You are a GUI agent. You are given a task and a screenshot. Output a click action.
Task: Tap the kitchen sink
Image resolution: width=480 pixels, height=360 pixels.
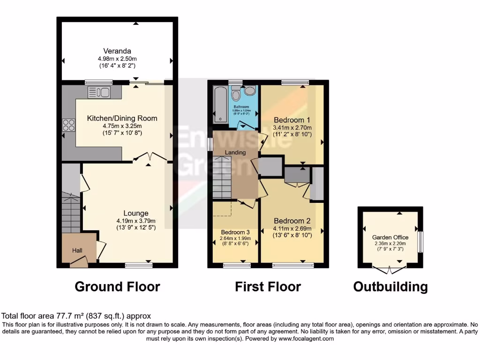click(x=99, y=92)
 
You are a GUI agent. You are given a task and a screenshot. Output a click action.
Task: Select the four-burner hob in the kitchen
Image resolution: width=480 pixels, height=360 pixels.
click(x=69, y=125)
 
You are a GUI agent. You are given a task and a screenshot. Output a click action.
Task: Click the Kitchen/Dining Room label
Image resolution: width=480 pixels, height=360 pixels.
click(x=122, y=118)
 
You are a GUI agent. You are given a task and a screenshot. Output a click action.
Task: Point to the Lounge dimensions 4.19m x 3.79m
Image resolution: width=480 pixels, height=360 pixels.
click(x=136, y=221)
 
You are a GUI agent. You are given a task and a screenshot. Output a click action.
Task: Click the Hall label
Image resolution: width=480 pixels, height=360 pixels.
click(x=77, y=251)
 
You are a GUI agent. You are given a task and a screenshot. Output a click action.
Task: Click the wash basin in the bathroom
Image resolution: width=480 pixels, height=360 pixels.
click(x=250, y=90)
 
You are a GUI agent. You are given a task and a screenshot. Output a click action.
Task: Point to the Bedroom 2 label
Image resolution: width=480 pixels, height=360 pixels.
click(x=292, y=221)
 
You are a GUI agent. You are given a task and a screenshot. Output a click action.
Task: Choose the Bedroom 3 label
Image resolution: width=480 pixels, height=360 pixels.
click(x=235, y=232)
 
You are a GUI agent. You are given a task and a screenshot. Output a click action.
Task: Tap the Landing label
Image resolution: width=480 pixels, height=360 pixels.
click(x=235, y=152)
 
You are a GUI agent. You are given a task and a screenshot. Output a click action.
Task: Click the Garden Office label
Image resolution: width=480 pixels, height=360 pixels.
click(x=390, y=237)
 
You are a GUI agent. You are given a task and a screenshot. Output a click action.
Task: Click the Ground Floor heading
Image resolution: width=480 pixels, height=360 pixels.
click(x=117, y=286)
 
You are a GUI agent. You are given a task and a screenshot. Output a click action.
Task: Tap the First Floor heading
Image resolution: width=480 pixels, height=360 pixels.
click(x=268, y=286)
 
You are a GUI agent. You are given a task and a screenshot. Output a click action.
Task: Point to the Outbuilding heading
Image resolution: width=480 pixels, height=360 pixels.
click(x=390, y=286)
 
